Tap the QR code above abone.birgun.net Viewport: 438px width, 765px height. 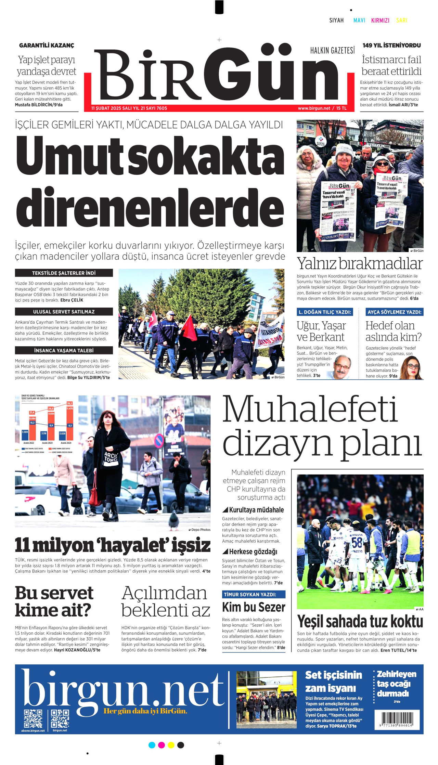point(33,719)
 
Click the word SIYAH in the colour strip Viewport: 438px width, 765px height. point(336,21)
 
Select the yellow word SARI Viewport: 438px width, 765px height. point(401,21)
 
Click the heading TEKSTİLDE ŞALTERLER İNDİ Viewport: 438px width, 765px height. point(64,273)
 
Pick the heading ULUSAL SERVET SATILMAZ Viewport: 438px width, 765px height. point(64,312)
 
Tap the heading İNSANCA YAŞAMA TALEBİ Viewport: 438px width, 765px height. point(64,350)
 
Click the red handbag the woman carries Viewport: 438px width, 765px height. point(95,494)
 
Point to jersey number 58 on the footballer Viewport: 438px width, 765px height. point(357,542)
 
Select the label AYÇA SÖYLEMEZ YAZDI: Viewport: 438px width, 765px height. point(395,312)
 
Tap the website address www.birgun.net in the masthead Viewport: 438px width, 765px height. point(314,108)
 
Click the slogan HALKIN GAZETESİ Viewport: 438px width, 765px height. point(332,51)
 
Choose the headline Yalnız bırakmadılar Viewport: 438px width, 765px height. point(360,264)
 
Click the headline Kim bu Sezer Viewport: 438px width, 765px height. point(254,607)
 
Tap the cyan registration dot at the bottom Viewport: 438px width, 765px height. point(152,745)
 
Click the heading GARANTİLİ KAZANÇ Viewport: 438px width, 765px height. point(47,46)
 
